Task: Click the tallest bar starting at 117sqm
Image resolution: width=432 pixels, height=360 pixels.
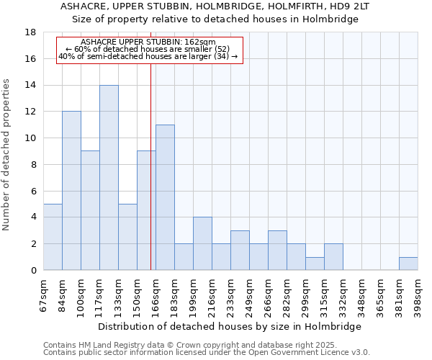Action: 109,178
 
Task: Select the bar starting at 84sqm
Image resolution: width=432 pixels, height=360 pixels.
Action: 71,191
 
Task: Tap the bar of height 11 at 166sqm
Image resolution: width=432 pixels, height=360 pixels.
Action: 165,197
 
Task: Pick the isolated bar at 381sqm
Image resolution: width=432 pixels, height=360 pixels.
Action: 408,264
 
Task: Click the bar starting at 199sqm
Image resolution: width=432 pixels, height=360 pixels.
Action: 202,243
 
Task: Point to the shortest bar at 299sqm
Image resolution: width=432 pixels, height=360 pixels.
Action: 315,264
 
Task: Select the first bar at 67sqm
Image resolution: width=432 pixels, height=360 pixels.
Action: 53,237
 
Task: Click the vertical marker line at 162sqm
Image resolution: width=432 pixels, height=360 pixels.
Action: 150,166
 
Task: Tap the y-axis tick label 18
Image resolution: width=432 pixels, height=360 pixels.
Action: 31,32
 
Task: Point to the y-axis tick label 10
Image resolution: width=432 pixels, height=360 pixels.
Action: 31,138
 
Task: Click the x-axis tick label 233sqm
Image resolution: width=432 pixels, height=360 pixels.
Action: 231,294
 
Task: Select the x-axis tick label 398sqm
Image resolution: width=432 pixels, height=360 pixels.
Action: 418,294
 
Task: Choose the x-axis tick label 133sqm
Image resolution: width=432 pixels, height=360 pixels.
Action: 119,294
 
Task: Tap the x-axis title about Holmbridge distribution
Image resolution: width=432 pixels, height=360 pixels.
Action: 230,326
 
